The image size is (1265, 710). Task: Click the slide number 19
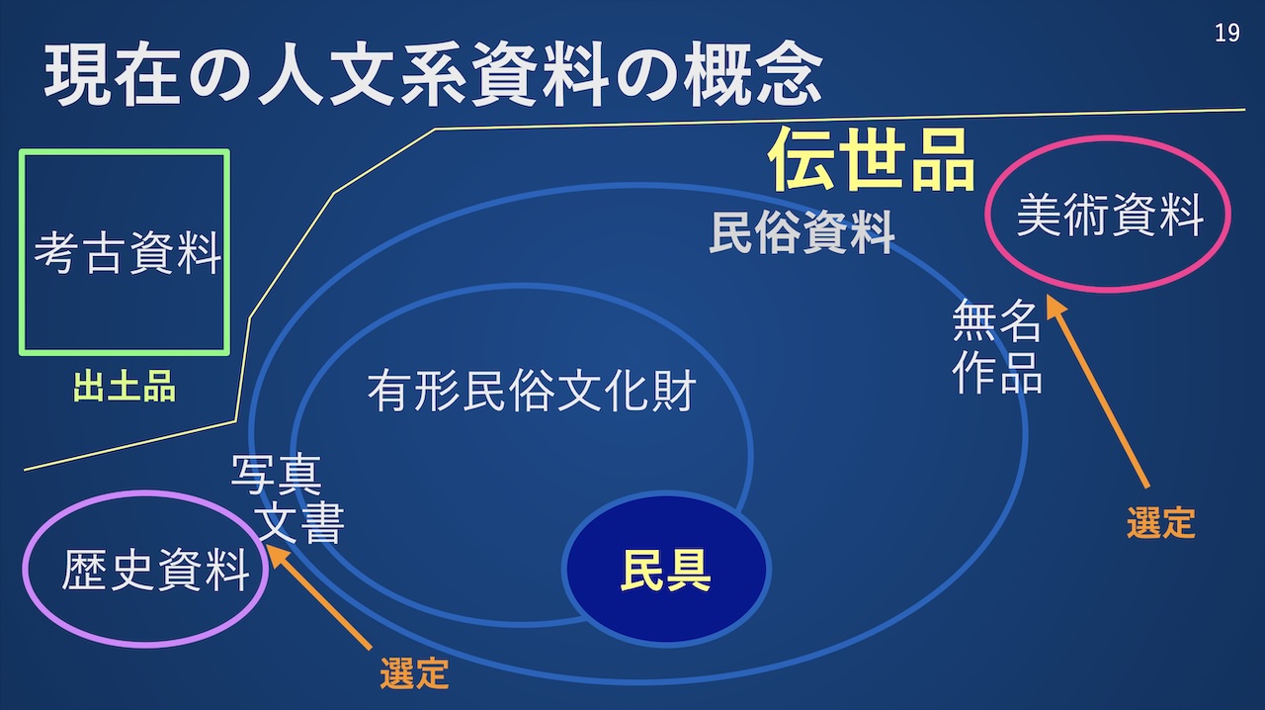pyautogui.click(x=1226, y=33)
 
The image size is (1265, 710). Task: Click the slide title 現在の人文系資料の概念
pyautogui.click(x=433, y=74)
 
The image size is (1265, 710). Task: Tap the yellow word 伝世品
pyautogui.click(x=872, y=159)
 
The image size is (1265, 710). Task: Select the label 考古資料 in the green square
pyautogui.click(x=127, y=253)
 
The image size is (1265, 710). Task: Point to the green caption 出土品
pyautogui.click(x=125, y=387)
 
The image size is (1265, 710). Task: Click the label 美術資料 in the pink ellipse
pyautogui.click(x=1110, y=215)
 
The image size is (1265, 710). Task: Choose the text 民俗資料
pyautogui.click(x=801, y=234)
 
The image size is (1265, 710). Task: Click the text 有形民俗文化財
pyautogui.click(x=531, y=393)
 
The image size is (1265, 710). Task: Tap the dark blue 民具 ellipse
pyautogui.click(x=666, y=569)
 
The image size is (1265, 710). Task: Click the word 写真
pyautogui.click(x=277, y=475)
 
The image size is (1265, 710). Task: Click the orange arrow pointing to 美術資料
pyautogui.click(x=1098, y=395)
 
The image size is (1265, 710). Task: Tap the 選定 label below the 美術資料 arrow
pyautogui.click(x=1161, y=521)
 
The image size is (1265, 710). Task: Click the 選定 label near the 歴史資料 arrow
pyautogui.click(x=414, y=673)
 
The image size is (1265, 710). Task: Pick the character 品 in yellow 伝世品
pyautogui.click(x=942, y=159)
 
